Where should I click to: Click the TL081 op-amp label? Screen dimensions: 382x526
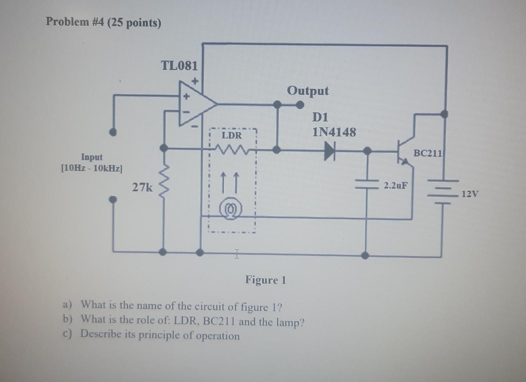[x=179, y=65]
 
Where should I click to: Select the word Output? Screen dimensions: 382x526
[x=308, y=91]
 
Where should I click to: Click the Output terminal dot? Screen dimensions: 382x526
[x=300, y=105]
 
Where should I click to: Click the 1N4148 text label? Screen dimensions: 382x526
[x=334, y=132]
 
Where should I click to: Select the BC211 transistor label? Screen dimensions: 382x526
[x=427, y=153]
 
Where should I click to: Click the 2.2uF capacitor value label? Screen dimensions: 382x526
[x=396, y=185]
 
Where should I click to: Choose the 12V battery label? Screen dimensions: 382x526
[x=470, y=194]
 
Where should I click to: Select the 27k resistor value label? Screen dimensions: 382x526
[x=142, y=187]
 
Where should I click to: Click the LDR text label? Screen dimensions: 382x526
[x=232, y=135]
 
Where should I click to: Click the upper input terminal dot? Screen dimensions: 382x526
[x=113, y=132]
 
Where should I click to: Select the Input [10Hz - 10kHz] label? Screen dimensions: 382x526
[x=92, y=162]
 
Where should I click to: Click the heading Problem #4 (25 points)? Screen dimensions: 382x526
[x=103, y=22]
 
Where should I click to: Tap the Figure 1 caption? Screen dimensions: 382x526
[x=265, y=280]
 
